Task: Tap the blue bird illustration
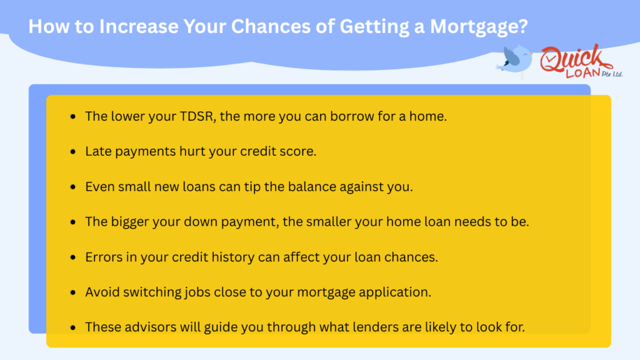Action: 516,61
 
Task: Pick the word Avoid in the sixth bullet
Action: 101,291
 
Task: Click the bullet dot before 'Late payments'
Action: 74,152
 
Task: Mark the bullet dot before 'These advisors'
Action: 74,327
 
